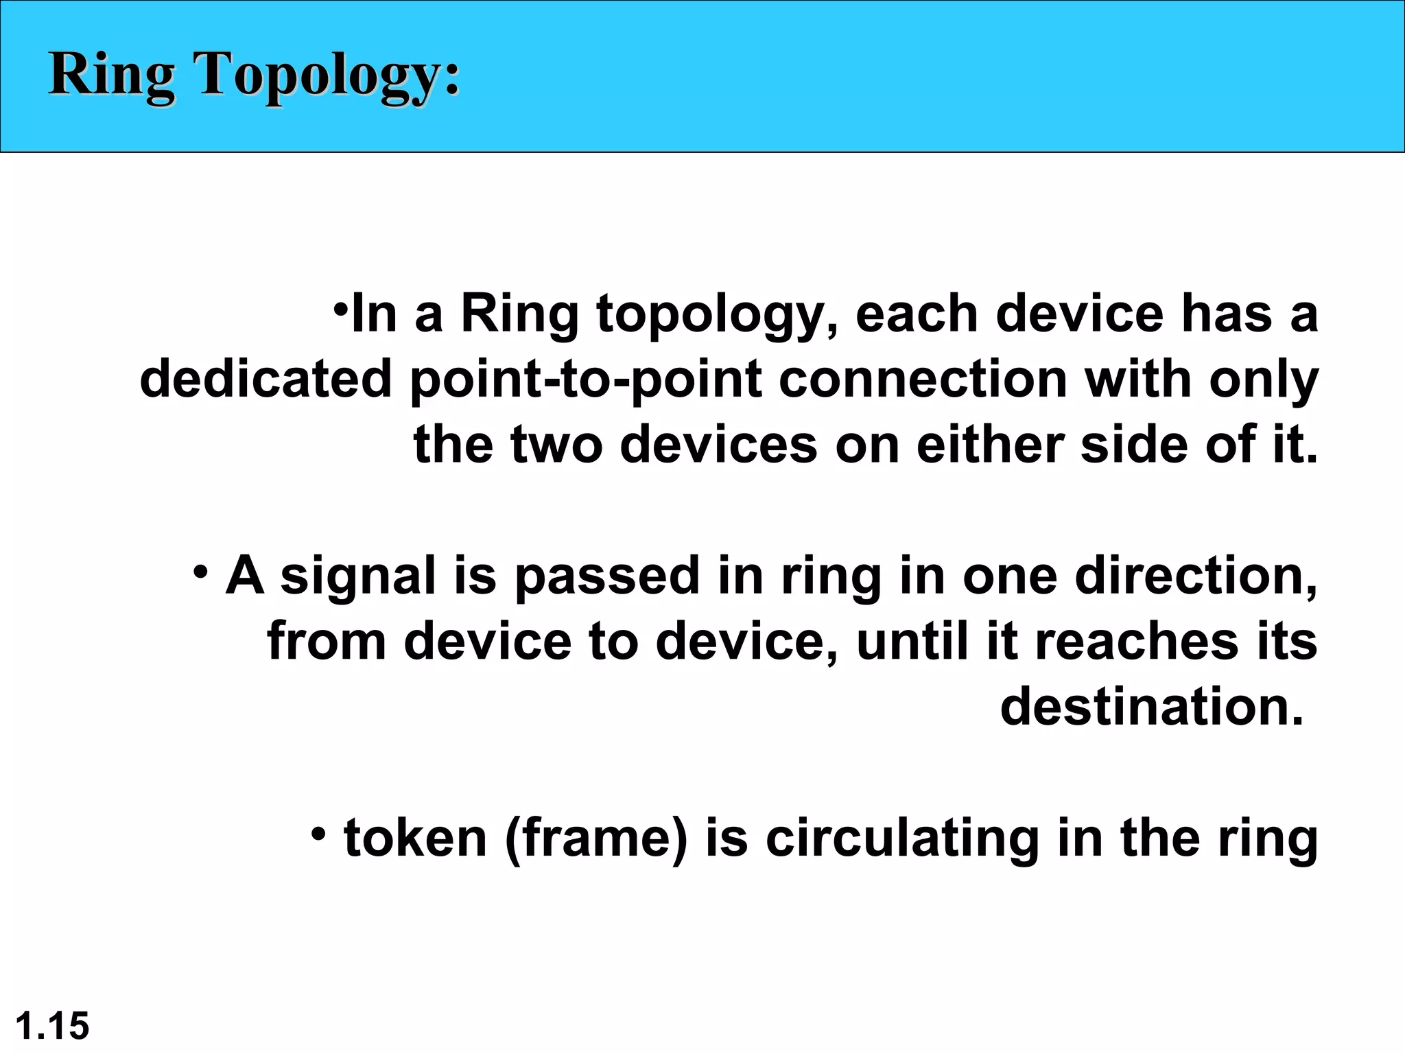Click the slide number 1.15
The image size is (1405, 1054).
pyautogui.click(x=52, y=1026)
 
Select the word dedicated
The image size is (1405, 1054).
pyautogui.click(x=265, y=379)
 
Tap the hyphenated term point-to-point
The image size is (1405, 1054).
pyautogui.click(x=586, y=379)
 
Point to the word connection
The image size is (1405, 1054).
pyautogui.click(x=923, y=379)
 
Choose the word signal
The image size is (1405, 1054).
pyautogui.click(x=357, y=576)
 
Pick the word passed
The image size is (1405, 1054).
pyautogui.click(x=606, y=576)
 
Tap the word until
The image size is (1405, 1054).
pyautogui.click(x=913, y=641)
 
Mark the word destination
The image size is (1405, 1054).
pyautogui.click(x=1151, y=707)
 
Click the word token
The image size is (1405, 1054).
pyautogui.click(x=415, y=839)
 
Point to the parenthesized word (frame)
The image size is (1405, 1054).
pyautogui.click(x=595, y=839)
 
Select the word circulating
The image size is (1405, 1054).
pyautogui.click(x=902, y=839)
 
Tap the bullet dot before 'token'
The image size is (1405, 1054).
pyautogui.click(x=318, y=834)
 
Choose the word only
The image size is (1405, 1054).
pyautogui.click(x=1263, y=379)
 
